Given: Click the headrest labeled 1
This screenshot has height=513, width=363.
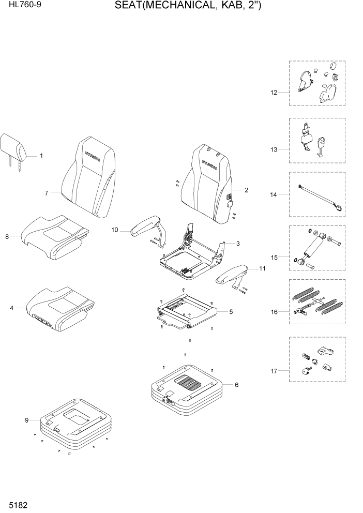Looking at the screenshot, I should (14, 147).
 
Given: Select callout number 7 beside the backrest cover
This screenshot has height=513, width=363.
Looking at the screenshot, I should (46, 193).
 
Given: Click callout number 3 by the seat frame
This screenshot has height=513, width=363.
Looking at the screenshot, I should (237, 243).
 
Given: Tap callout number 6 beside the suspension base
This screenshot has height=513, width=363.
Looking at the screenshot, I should (236, 385).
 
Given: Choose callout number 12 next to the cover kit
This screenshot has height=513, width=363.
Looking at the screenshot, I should (274, 93).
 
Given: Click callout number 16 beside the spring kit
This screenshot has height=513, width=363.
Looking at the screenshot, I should (274, 312).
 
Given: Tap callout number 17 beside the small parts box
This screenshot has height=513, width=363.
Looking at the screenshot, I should (274, 371).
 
